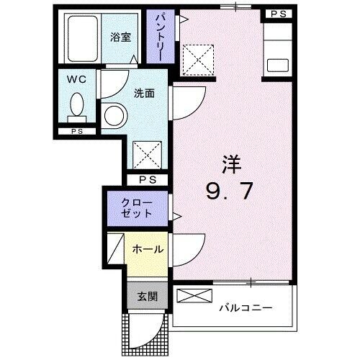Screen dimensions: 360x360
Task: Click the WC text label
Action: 78,79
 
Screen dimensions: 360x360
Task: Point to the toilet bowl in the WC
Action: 76,107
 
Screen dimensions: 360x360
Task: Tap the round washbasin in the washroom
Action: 112,114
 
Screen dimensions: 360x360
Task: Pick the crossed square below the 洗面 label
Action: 148,153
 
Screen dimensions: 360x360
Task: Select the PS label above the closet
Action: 148,180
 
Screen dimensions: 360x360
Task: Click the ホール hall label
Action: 147,249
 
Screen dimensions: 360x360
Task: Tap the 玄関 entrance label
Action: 148,295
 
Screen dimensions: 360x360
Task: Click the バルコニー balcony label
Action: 246,308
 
